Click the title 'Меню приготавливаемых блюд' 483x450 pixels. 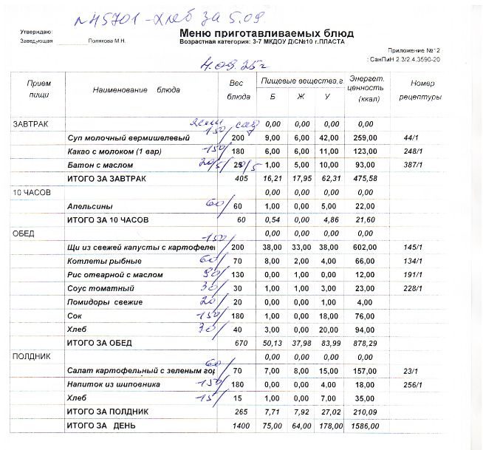pyautogui.click(x=266, y=34)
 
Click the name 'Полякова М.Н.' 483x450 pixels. pyautogui.click(x=107, y=41)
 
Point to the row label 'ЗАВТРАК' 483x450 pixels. pyautogui.click(x=30, y=123)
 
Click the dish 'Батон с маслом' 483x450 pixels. pyautogui.click(x=94, y=165)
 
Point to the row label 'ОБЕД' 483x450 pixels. pyautogui.click(x=24, y=233)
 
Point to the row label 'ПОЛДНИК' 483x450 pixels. pyautogui.click(x=30, y=356)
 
